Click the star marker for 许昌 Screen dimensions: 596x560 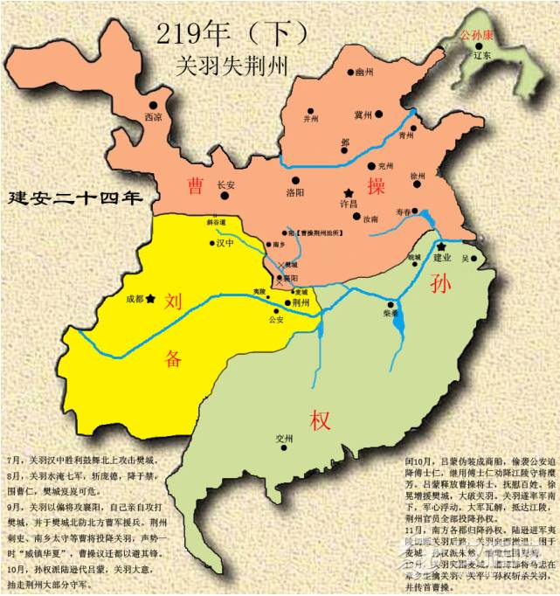tap(349, 191)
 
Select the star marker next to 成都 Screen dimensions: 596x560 tap(151, 298)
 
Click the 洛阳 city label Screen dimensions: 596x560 tap(297, 192)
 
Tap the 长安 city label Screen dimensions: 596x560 tap(225, 185)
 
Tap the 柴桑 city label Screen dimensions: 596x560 tap(391, 311)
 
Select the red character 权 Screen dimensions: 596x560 tap(318, 421)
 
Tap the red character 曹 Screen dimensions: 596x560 tap(197, 185)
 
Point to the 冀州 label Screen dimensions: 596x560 tap(363, 114)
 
